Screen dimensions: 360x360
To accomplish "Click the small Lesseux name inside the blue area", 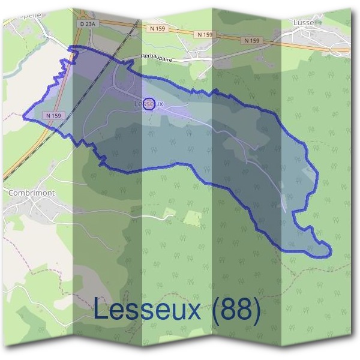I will coord(149,104).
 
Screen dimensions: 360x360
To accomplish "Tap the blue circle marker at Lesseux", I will coord(150,104).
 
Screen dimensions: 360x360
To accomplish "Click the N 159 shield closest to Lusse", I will coord(253,40).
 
